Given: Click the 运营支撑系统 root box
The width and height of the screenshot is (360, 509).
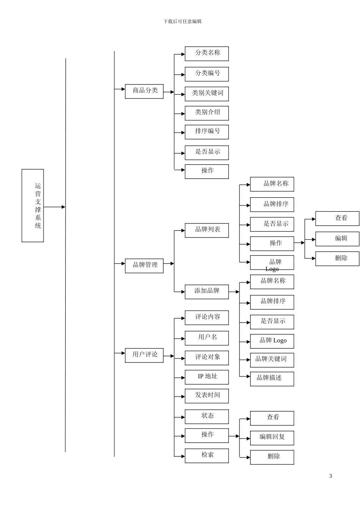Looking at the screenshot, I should point(33,206).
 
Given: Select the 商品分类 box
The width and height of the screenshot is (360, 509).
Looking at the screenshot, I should point(144,91).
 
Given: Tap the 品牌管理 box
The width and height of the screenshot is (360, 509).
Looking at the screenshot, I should point(144,265).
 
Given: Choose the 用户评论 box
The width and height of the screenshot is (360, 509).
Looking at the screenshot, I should point(144,355).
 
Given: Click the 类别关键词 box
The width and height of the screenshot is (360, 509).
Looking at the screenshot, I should point(207,94).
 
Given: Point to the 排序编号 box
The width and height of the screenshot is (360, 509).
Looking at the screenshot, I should point(207,132).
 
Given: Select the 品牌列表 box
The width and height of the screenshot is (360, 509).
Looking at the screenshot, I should point(207,230).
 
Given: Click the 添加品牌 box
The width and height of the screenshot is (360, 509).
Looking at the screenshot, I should point(207,292).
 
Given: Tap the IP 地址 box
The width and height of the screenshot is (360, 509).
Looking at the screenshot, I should point(207,377).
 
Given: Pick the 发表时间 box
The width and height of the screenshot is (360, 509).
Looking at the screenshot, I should point(207,396).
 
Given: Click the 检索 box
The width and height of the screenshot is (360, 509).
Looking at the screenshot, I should point(207,456).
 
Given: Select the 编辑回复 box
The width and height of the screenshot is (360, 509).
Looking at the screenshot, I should point(272,438).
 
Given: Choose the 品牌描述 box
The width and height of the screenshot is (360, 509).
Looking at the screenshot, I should point(272,379).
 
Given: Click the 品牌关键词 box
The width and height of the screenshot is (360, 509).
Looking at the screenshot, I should point(272,360).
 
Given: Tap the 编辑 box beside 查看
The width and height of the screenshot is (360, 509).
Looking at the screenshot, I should point(337,239).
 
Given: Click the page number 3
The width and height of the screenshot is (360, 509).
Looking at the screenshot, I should point(330,476).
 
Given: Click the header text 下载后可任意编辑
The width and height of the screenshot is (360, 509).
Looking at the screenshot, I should point(182,22).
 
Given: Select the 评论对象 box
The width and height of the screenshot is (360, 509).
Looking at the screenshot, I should point(207,358).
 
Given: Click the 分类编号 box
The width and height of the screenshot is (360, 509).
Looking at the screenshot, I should point(207,74).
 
